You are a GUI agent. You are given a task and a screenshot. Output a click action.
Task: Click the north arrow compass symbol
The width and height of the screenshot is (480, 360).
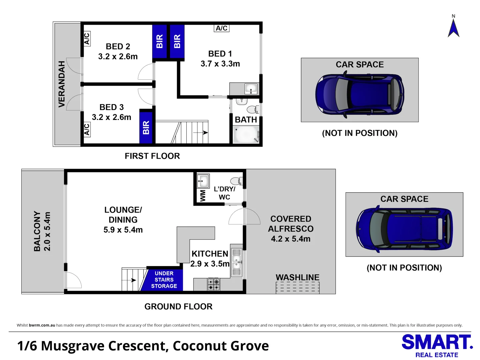pos(453,28)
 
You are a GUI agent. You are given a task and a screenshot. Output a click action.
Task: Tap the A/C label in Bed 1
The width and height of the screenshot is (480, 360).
pos(221,28)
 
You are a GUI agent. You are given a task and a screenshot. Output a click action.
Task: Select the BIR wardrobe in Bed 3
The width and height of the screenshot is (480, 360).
pos(146,127)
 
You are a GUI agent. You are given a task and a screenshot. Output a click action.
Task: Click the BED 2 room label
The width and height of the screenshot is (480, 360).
pos(118,47)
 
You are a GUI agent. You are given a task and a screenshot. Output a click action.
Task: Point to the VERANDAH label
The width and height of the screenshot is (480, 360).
pos(62,84)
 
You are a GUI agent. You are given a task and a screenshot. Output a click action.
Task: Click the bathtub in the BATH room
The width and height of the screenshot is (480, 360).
pos(246,134)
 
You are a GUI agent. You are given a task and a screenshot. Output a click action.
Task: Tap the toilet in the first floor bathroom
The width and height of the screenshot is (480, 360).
pos(252,109)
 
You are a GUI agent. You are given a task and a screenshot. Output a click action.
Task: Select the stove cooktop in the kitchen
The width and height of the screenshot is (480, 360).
pos(213,284)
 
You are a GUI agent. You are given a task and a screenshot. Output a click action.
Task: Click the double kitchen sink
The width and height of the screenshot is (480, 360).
pos(237,262)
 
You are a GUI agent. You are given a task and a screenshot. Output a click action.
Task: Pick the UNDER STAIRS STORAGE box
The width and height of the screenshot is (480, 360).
pos(163,280)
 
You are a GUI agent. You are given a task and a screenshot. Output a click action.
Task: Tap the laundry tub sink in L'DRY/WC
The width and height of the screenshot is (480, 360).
pos(203,181)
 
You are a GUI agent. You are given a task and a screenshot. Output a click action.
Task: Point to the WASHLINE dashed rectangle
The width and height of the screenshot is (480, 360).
pos(297,288)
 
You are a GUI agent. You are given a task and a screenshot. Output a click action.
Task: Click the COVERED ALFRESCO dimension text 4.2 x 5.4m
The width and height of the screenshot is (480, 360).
pos(290,239)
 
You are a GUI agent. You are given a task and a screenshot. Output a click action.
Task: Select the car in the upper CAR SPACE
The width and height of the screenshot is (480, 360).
pos(360,94)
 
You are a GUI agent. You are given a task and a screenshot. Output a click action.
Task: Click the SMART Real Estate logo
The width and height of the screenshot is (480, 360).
pos(437,346)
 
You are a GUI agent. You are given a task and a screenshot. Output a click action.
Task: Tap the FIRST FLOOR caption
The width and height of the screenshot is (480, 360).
pos(152,156)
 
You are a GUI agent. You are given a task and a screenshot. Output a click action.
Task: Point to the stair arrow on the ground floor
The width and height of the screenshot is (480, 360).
pos(133,280)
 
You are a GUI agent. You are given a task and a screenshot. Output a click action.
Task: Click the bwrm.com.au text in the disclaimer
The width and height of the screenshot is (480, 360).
pos(42,325)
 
